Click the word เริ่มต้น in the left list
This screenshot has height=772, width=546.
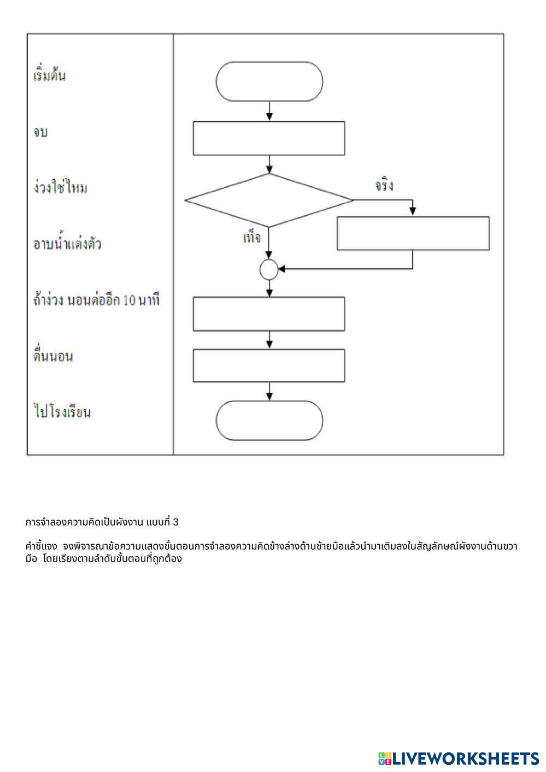[50, 75]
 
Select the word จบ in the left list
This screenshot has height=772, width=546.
[40, 132]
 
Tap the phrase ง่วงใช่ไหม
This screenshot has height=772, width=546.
[60, 188]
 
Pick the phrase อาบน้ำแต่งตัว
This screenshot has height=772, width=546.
[67, 244]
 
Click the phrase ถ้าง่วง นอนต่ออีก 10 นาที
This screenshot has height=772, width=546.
[96, 300]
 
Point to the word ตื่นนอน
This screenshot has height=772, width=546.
[53, 356]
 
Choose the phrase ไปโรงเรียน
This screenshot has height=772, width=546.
[62, 412]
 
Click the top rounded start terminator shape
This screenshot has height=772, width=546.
[269, 81]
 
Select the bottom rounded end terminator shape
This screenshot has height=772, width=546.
[269, 421]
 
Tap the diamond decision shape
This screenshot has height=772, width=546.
[269, 200]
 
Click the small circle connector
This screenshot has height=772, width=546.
[269, 269]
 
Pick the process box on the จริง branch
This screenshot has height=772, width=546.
[413, 233]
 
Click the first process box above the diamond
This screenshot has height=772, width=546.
[269, 138]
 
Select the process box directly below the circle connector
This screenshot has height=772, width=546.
[269, 314]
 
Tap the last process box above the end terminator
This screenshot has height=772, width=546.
[269, 366]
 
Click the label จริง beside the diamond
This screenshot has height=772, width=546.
[384, 186]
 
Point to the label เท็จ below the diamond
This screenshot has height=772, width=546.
[252, 238]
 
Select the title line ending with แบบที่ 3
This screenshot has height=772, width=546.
[102, 522]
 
